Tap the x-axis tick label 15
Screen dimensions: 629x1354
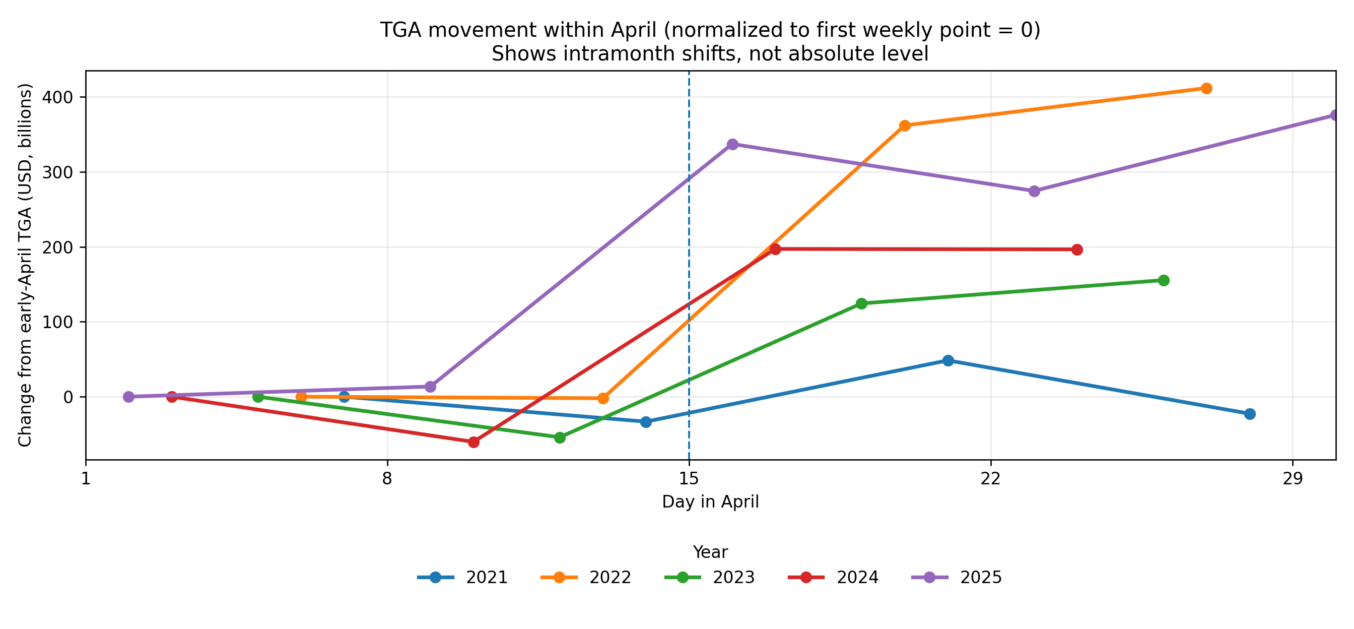(689, 479)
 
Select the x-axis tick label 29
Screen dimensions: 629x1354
(1293, 479)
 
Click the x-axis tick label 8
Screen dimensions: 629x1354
(387, 479)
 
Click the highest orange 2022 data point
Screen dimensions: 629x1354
(1207, 88)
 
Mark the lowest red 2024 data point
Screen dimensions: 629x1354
(473, 443)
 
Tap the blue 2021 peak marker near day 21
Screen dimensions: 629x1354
(948, 361)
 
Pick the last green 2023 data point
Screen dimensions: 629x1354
(1164, 280)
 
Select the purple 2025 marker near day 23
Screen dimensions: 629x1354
(1035, 192)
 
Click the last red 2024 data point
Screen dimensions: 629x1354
(1077, 250)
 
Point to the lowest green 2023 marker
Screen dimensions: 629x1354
(560, 437)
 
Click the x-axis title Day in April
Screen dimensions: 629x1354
(710, 501)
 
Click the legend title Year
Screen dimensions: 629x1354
(710, 552)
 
